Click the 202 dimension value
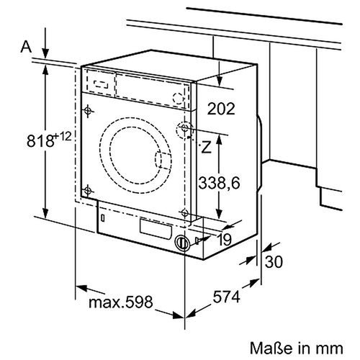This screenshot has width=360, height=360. pyautogui.click(x=221, y=109)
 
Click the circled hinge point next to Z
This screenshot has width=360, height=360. pyautogui.click(x=186, y=130)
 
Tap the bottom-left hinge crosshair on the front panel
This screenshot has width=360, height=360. pyautogui.click(x=88, y=190)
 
